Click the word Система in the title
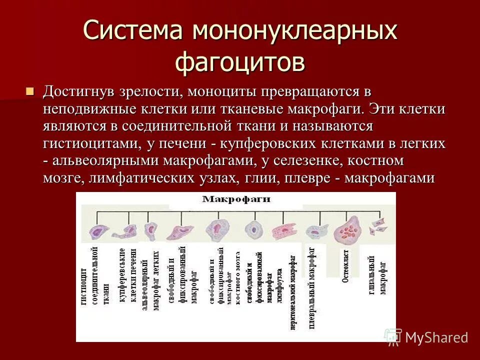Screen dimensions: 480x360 [x=133, y=31]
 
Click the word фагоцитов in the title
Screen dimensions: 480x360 [x=240, y=62]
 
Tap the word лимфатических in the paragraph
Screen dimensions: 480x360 [x=160, y=178]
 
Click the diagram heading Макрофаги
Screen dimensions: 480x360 [x=236, y=199]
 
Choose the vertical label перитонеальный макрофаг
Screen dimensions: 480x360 [x=293, y=292]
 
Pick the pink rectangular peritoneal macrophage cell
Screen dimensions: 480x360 [x=284, y=232]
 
